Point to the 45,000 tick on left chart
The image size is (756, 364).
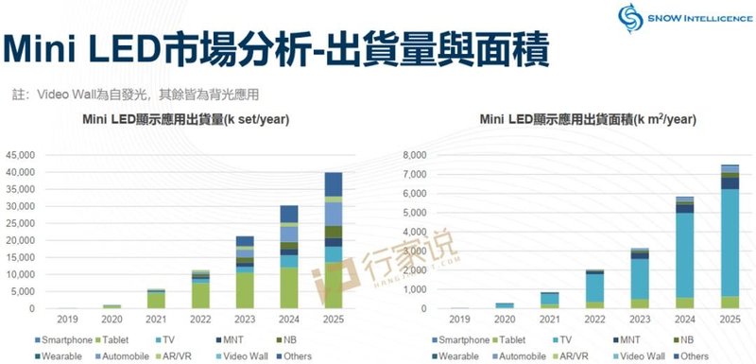pos(20,154)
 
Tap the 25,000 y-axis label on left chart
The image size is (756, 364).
pos(20,223)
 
